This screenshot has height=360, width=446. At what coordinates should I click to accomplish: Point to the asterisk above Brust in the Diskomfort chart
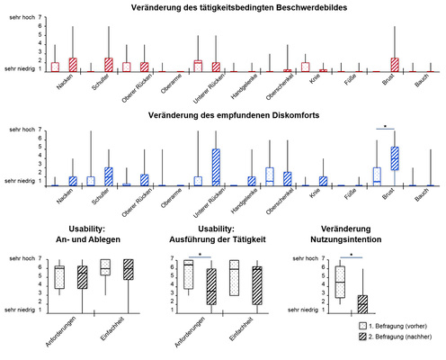point(385,127)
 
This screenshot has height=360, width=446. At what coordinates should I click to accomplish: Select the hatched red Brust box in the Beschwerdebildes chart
point(394,64)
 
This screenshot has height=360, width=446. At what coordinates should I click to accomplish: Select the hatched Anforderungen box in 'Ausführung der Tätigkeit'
point(211,286)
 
